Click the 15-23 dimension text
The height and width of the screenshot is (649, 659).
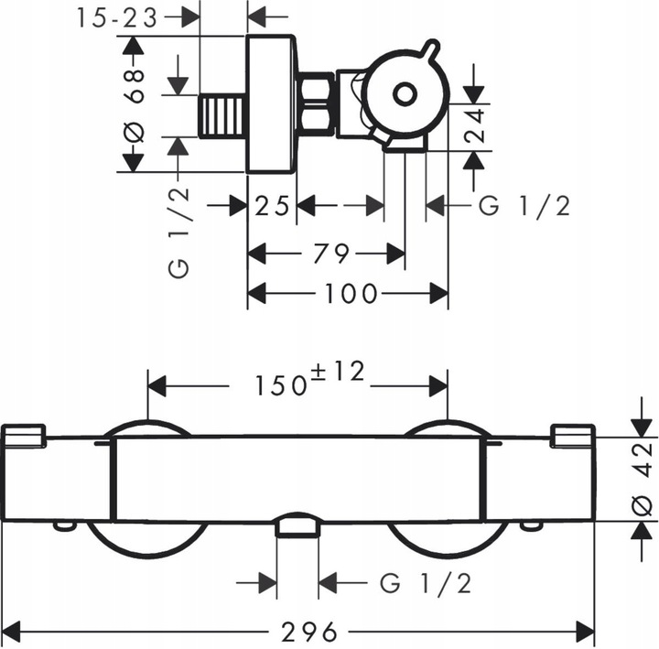coord(119,16)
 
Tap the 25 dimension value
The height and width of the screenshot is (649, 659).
coord(273,206)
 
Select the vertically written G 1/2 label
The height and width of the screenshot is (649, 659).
coord(178,232)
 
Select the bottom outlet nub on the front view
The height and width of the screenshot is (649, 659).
coord(297,525)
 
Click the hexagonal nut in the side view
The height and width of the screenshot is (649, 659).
coord(317,105)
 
